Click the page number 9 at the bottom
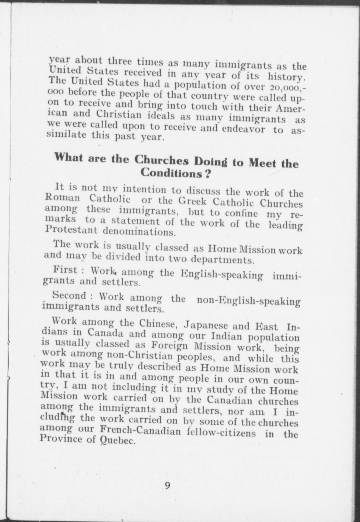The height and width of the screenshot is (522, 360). (168, 485)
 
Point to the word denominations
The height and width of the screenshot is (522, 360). (139, 232)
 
